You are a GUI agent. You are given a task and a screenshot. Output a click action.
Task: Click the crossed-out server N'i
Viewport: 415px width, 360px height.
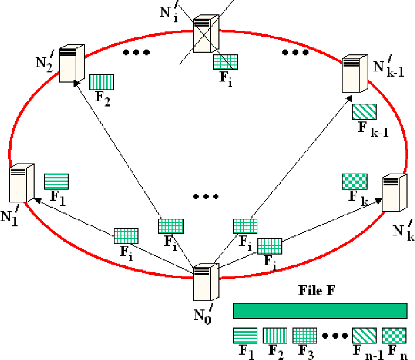[202, 35]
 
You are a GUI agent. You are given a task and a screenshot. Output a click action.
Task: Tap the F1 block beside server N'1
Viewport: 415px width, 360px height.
[56, 182]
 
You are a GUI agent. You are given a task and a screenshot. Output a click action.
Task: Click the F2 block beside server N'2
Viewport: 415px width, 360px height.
[102, 82]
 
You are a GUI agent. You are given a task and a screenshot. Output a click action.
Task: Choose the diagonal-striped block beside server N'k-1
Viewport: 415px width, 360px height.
[364, 111]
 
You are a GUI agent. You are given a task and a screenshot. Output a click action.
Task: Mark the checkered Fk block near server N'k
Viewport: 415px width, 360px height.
[354, 182]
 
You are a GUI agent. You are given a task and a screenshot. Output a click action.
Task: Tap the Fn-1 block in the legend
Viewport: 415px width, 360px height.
[364, 336]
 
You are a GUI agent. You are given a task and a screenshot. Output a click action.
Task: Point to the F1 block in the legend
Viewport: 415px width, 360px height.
[245, 336]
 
